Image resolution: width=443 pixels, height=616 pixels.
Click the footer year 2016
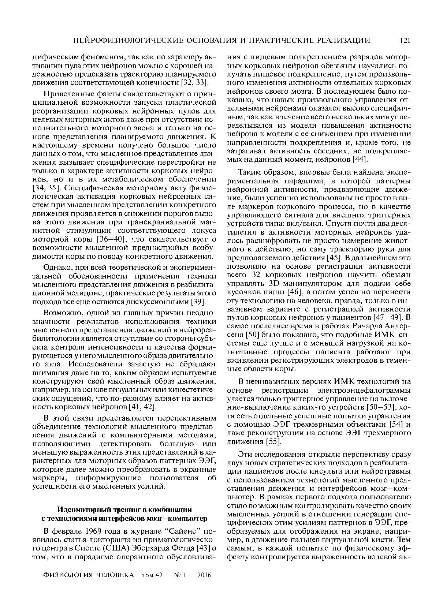(204, 575)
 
